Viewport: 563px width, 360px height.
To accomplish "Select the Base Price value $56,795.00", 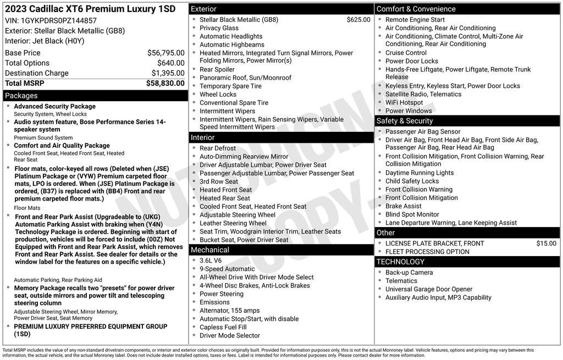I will point(165,53).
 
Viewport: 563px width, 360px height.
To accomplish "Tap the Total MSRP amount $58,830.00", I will point(165,83).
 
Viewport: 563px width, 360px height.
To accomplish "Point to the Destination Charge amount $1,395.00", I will point(168,73).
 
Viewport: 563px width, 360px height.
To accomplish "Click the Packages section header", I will point(21,96).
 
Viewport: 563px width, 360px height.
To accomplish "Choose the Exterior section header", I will point(203,9).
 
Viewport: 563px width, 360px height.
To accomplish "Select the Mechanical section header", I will point(209,250).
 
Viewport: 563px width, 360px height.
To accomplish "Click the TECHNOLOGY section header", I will point(401,262).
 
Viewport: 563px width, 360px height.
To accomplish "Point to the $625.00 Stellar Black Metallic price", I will point(358,20).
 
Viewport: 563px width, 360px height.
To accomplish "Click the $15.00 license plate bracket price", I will point(546,243).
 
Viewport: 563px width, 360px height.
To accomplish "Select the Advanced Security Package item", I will point(54,107).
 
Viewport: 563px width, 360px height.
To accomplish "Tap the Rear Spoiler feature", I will point(217,70).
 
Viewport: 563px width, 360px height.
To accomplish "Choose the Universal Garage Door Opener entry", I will point(428,289).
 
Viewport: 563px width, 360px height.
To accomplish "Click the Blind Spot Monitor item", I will point(412,214).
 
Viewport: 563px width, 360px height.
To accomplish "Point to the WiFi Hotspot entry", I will point(404,102).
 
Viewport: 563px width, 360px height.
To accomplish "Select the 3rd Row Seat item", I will point(218,181).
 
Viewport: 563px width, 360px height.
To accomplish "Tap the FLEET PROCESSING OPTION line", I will point(427,252).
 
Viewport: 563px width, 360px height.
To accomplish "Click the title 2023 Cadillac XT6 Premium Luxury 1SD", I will point(90,9).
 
